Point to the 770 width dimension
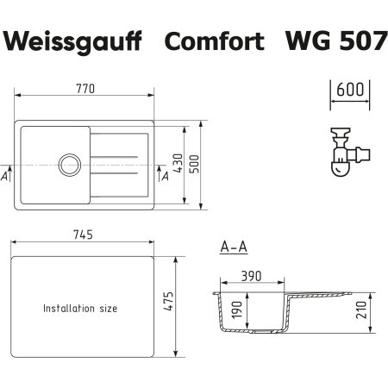(84, 90)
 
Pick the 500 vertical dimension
(195, 166)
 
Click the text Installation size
(80, 308)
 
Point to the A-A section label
(234, 247)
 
